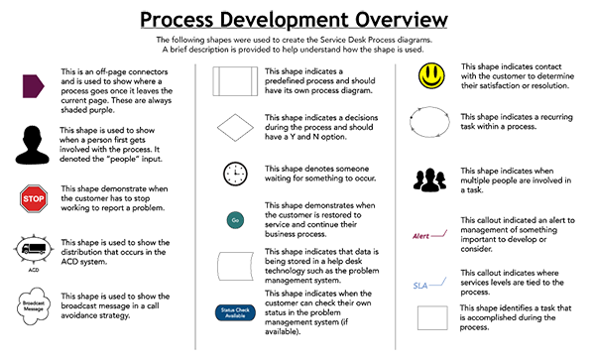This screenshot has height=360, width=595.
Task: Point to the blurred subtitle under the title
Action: click(x=297, y=45)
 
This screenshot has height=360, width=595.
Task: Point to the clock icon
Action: click(x=235, y=173)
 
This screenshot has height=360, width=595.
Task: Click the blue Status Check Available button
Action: click(x=235, y=314)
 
